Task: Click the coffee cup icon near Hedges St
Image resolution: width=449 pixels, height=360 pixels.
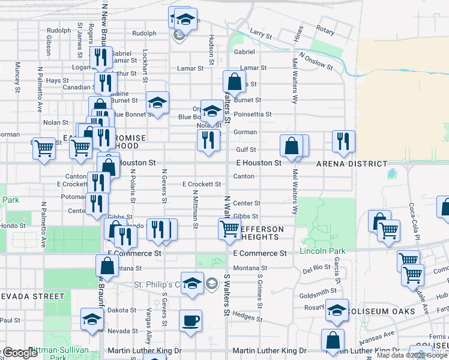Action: coord(190,320)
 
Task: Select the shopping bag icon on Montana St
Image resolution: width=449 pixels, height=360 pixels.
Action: coord(106,265)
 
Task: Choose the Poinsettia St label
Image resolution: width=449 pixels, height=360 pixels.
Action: coord(253,114)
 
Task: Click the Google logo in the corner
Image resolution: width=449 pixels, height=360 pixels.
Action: coord(20,353)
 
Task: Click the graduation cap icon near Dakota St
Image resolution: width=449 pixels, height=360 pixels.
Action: coord(92,319)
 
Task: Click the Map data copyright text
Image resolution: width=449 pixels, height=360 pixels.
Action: coord(411,355)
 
